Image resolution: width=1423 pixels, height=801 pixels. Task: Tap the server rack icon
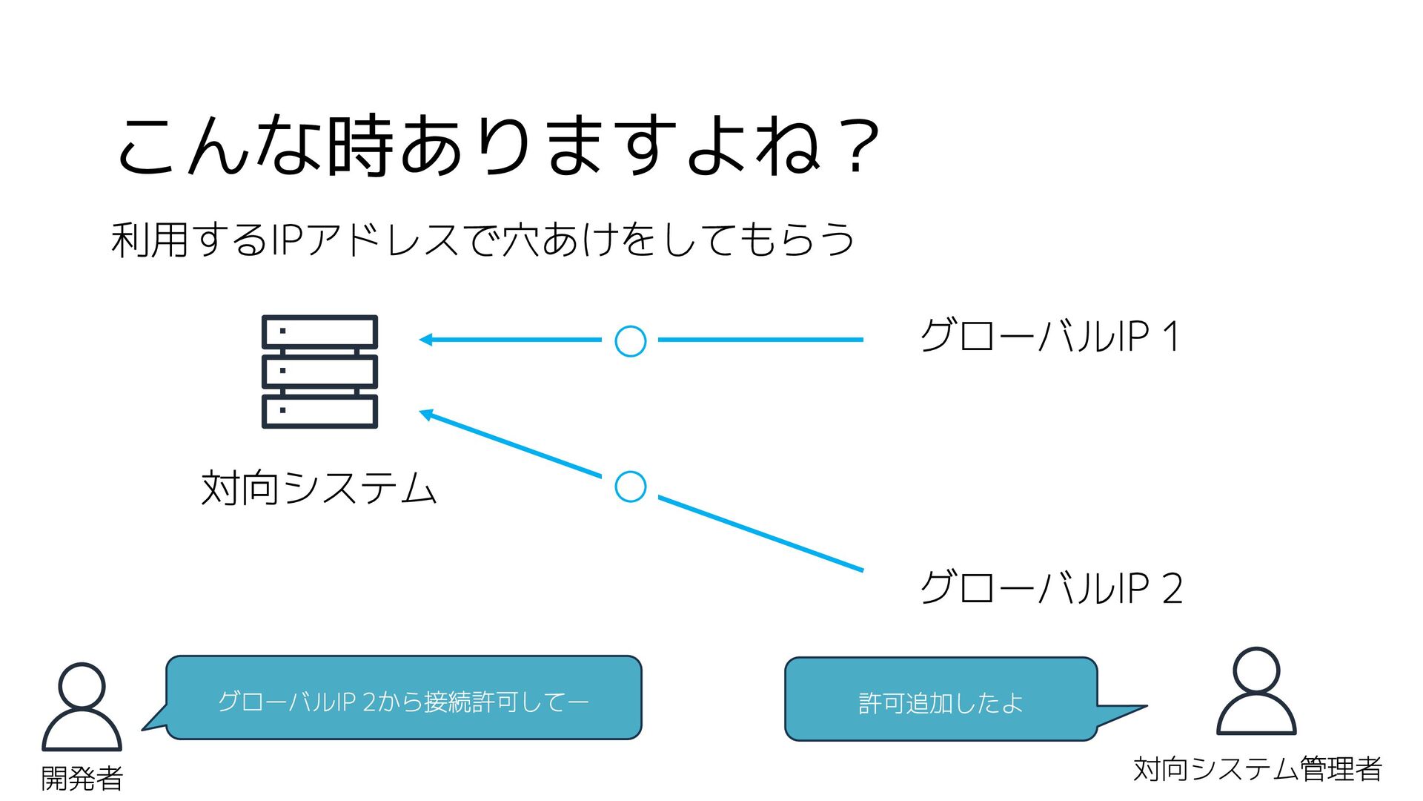[319, 372]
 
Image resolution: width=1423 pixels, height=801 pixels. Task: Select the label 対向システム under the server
[319, 489]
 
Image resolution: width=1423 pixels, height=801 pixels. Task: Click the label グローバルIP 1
[1049, 336]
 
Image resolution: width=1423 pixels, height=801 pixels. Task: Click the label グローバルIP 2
[1051, 588]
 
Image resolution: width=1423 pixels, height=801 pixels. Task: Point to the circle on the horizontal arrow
[631, 341]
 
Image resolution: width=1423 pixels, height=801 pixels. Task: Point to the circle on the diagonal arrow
[631, 487]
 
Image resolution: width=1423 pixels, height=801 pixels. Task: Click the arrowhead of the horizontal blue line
[425, 340]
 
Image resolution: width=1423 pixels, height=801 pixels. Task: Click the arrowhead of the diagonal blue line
[426, 414]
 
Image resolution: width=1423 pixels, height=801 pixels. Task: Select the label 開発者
[82, 778]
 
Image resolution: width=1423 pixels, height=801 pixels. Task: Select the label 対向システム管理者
[1257, 769]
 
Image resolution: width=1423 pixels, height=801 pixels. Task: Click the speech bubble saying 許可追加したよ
[941, 699]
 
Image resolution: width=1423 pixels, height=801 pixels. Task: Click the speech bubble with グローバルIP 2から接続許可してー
[403, 698]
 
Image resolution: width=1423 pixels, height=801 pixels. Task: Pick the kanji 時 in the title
[359, 145]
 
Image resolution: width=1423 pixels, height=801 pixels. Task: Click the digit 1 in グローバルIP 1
[1170, 336]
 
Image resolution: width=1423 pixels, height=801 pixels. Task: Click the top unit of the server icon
[319, 332]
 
